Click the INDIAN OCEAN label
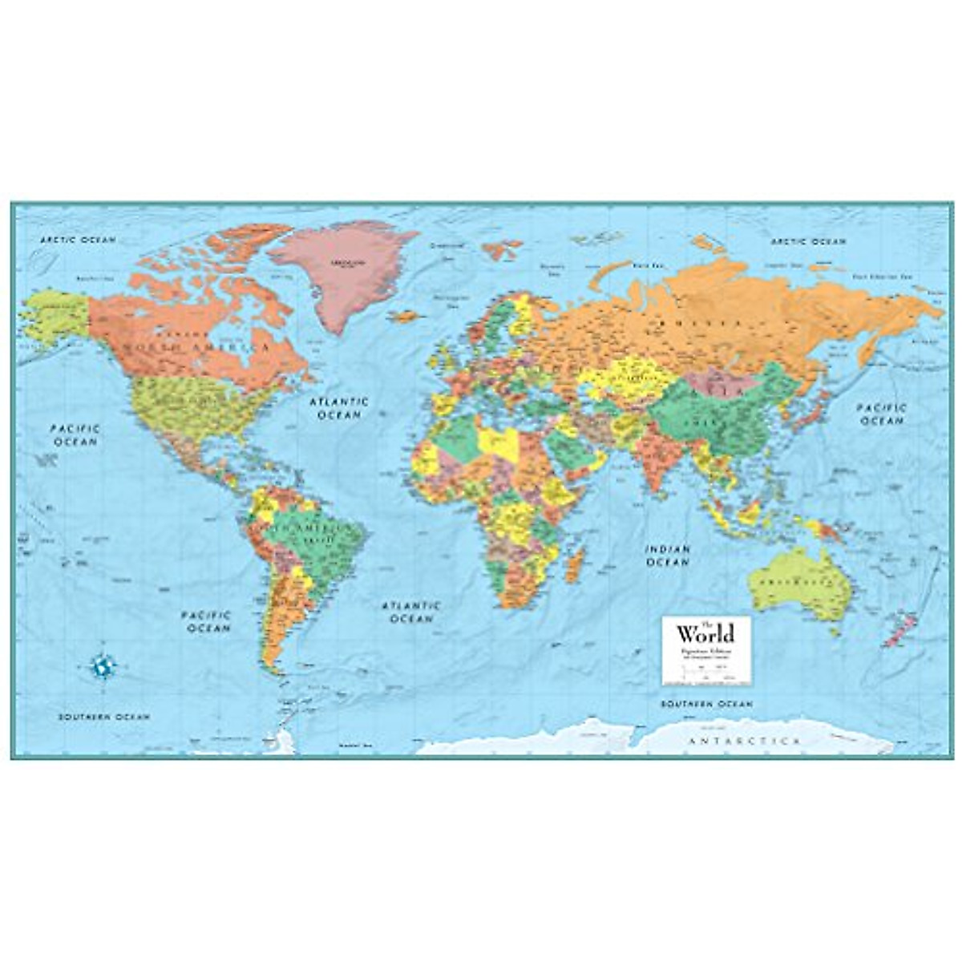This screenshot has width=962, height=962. coord(668,556)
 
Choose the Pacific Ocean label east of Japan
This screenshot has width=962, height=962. coord(883,414)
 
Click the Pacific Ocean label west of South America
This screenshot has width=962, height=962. coord(206,621)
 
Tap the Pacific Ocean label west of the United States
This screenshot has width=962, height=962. coord(75,435)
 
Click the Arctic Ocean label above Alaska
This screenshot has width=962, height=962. coord(79,239)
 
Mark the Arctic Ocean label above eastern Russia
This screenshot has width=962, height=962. coord(808,240)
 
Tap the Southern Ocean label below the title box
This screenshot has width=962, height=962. coord(706,704)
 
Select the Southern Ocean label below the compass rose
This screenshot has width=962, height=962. coord(103,717)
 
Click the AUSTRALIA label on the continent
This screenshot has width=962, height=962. coord(786,580)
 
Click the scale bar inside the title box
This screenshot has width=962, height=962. coord(705,670)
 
